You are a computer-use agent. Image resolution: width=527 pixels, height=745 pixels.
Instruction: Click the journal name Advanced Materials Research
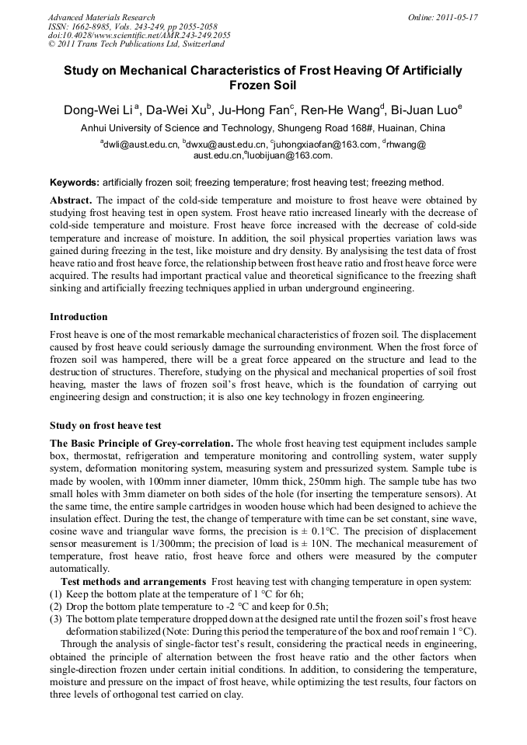pyautogui.click(x=101, y=17)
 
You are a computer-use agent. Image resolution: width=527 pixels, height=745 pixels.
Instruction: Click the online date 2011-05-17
pyautogui.click(x=457, y=17)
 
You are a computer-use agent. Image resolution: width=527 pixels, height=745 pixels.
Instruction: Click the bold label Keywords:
pyautogui.click(x=75, y=183)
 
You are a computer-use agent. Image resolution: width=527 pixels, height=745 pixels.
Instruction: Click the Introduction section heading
pyautogui.click(x=79, y=317)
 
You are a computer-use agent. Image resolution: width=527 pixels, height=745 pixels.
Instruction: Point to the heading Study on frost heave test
pyautogui.click(x=106, y=426)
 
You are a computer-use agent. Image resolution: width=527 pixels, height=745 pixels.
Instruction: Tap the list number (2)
pyautogui.click(x=56, y=607)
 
